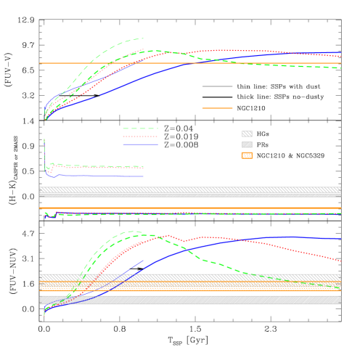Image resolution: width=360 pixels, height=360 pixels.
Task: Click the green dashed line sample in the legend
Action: click(140, 128)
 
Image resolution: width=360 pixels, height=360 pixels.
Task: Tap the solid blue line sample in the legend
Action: click(140, 144)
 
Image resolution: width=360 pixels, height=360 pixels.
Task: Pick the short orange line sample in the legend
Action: click(217, 108)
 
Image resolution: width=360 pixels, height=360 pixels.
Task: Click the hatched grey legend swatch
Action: click(247, 134)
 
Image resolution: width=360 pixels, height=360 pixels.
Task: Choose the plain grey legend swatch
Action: click(247, 144)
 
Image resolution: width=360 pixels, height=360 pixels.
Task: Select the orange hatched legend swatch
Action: click(247, 155)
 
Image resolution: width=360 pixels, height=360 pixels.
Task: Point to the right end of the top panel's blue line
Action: click(340, 53)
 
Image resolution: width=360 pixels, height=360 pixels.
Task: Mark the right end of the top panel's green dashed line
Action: click(340, 67)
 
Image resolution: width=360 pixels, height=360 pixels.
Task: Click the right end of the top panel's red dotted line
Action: click(340, 57)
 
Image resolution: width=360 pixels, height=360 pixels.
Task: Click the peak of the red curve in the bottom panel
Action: click(168, 235)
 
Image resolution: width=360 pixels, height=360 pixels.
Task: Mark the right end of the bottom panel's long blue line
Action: click(340, 239)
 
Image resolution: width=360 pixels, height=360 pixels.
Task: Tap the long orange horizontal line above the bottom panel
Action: click(189, 208)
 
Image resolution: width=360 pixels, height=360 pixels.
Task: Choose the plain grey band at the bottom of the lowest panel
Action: click(189, 300)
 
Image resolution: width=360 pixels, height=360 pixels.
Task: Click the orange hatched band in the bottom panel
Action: click(189, 287)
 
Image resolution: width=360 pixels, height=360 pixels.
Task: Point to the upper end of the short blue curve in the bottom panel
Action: click(143, 261)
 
